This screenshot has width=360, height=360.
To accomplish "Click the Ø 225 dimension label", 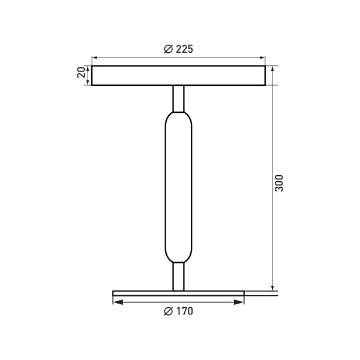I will pyautogui.click(x=178, y=49).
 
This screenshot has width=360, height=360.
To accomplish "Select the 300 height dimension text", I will pyautogui.click(x=278, y=183).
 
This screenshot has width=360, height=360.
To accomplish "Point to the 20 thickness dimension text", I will pyautogui.click(x=80, y=74).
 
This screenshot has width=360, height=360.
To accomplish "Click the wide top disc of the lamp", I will pyautogui.click(x=178, y=75).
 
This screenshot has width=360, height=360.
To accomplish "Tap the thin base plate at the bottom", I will pyautogui.click(x=178, y=293).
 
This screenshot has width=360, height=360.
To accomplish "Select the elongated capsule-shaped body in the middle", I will pyautogui.click(x=178, y=186).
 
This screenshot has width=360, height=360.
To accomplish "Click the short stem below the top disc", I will pyautogui.click(x=178, y=97).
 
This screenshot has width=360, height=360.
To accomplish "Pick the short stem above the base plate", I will pyautogui.click(x=178, y=276).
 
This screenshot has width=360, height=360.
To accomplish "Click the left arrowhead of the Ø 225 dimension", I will pyautogui.click(x=95, y=58).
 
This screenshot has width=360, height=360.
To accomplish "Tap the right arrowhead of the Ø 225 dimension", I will pyautogui.click(x=262, y=58).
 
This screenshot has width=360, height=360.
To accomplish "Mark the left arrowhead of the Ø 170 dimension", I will pyautogui.click(x=116, y=302).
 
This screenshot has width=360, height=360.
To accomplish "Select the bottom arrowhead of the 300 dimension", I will pyautogui.click(x=272, y=287).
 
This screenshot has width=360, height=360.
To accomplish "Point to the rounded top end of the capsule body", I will pyautogui.click(x=178, y=115).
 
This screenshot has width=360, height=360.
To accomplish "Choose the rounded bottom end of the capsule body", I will pyautogui.click(x=178, y=258).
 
